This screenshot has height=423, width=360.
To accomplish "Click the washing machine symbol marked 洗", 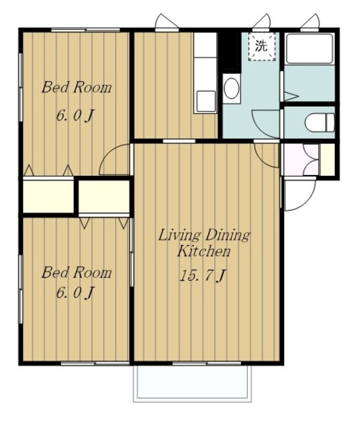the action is pyautogui.click(x=262, y=47).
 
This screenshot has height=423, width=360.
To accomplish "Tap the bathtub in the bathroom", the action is pyautogui.click(x=309, y=49).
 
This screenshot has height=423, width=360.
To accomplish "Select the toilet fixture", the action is pyautogui.click(x=320, y=123).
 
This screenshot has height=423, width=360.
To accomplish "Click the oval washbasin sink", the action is pyautogui.click(x=231, y=88).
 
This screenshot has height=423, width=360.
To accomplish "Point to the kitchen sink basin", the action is pyautogui.click(x=205, y=101).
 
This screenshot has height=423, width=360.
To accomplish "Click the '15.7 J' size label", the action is pyautogui.click(x=203, y=276).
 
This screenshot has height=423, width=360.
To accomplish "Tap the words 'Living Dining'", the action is pyautogui.click(x=204, y=235).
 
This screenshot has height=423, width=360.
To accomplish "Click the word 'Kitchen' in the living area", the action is pyautogui.click(x=204, y=251).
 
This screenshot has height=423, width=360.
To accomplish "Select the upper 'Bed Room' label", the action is pyautogui.click(x=77, y=87).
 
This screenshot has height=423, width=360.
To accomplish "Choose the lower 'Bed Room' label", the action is pyautogui.click(x=77, y=272).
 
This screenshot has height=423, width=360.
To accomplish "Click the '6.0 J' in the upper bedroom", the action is pyautogui.click(x=75, y=116).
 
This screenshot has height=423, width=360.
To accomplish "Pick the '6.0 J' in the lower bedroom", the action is pyautogui.click(x=75, y=292).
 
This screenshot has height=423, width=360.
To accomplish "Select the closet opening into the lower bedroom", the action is pyautogui.click(x=104, y=197).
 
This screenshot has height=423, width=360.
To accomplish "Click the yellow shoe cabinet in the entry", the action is pyautogui.click(x=328, y=160).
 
